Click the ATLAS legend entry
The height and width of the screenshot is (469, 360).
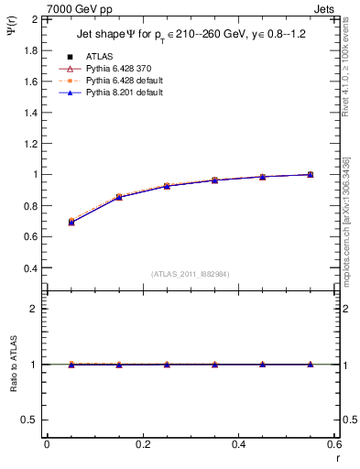tap(97, 56)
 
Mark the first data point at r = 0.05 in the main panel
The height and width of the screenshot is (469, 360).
tap(71, 222)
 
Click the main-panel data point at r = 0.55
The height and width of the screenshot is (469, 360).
tap(311, 174)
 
